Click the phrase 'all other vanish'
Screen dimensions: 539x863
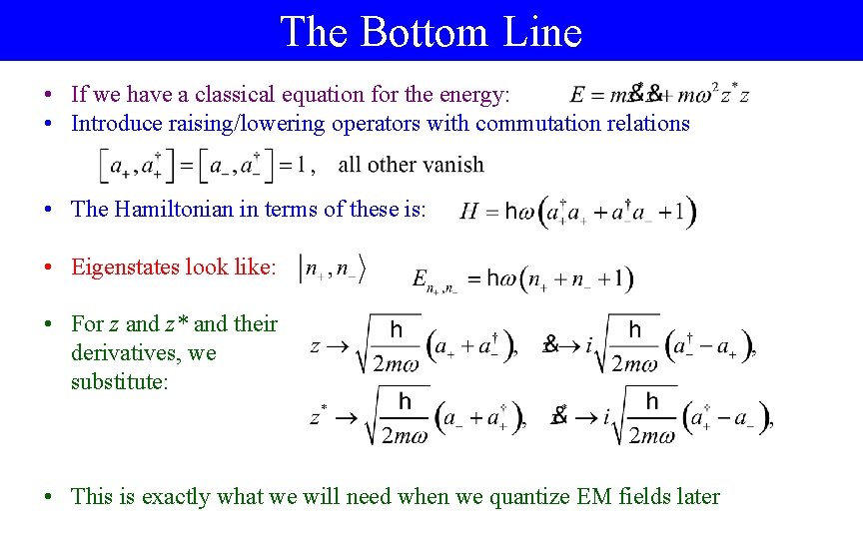tap(411, 165)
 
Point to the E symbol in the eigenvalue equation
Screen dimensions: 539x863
tap(421, 278)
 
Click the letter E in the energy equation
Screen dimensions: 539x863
tap(577, 96)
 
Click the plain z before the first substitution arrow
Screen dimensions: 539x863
tap(316, 346)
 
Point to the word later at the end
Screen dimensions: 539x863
tap(694, 496)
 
